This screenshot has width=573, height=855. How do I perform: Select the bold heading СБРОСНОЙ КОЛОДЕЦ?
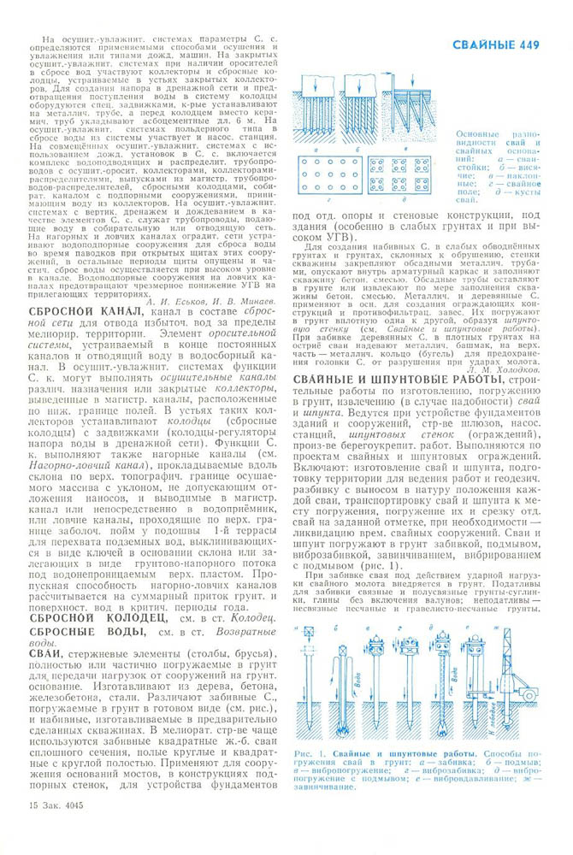click(92, 640)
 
